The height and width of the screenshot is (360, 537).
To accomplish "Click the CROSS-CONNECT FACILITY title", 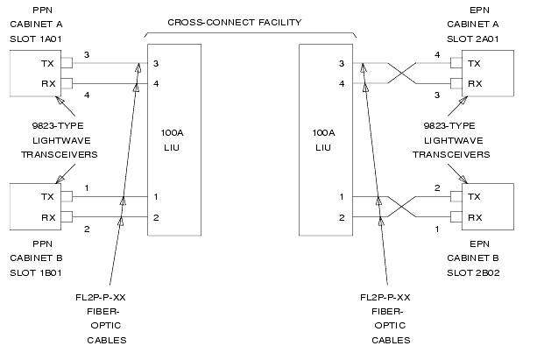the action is coord(235,23).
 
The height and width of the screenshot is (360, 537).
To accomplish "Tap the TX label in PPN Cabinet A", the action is coord(47,64).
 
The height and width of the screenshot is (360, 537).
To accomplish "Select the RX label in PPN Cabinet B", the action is coord(48,218).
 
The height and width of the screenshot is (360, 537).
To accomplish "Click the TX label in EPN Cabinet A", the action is coord(474,64).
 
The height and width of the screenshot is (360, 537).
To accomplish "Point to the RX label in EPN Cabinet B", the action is coord(475,218).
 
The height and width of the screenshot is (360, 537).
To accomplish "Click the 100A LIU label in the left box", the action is coord(172,140).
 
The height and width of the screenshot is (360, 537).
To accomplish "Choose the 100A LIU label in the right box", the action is coord(323,140).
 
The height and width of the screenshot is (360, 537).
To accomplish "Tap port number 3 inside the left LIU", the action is coord(156,64).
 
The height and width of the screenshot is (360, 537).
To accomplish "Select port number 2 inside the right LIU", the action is coord(342,218).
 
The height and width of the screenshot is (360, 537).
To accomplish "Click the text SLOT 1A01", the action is coord(36,39).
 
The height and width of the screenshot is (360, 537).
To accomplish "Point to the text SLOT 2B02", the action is coord(473,273).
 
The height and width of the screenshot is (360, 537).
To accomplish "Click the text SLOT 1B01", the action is coord(36,273).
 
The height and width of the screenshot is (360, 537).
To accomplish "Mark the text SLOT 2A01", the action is coord(473,39).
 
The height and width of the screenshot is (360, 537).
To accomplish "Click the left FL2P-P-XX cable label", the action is coord(101,298).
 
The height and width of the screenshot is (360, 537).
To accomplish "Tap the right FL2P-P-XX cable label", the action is coord(385,298).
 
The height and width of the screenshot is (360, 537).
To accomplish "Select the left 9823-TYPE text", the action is coord(58,126).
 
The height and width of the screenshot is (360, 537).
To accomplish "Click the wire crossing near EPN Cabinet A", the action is coord(402,74).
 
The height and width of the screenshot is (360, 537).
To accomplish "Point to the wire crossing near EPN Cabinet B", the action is coord(401,207).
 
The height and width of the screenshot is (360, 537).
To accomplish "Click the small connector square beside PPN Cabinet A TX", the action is coord(67,63).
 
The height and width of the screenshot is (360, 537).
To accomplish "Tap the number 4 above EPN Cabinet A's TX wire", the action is coord(437,55).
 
